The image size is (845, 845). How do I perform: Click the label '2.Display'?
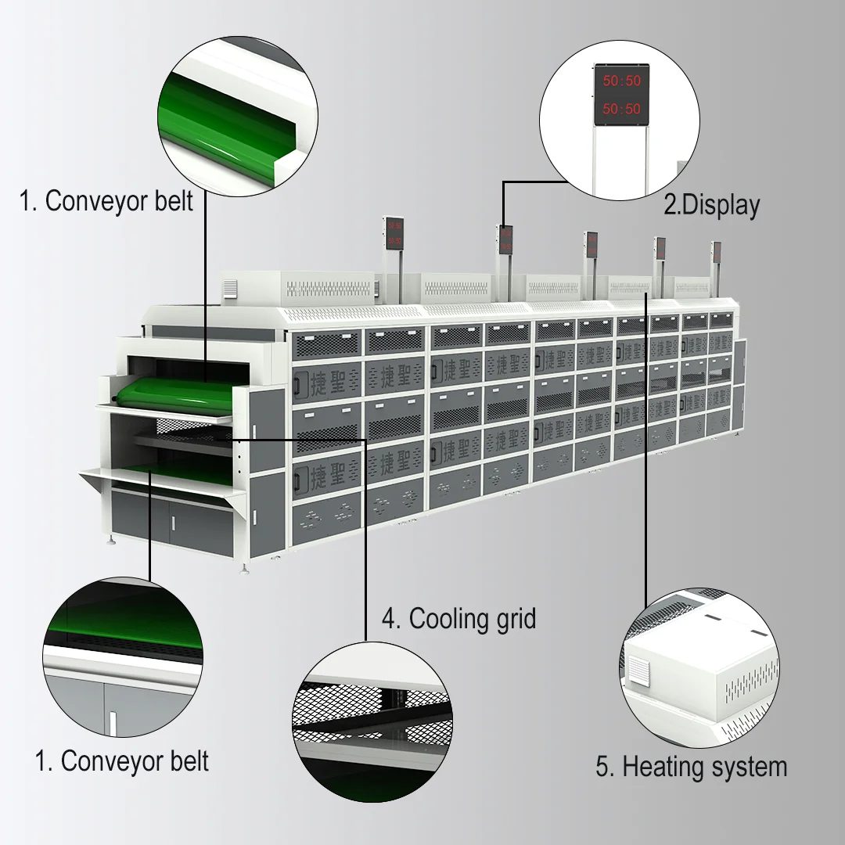point(711,205)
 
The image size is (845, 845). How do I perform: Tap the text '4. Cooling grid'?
point(458,619)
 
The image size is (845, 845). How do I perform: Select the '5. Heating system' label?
point(691,766)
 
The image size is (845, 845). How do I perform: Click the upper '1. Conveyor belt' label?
point(106,200)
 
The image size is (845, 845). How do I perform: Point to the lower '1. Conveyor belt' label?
point(122,760)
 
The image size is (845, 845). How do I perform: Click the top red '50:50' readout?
point(621,81)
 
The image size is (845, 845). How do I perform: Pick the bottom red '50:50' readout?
point(621,109)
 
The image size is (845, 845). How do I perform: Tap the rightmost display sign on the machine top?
point(716,253)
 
